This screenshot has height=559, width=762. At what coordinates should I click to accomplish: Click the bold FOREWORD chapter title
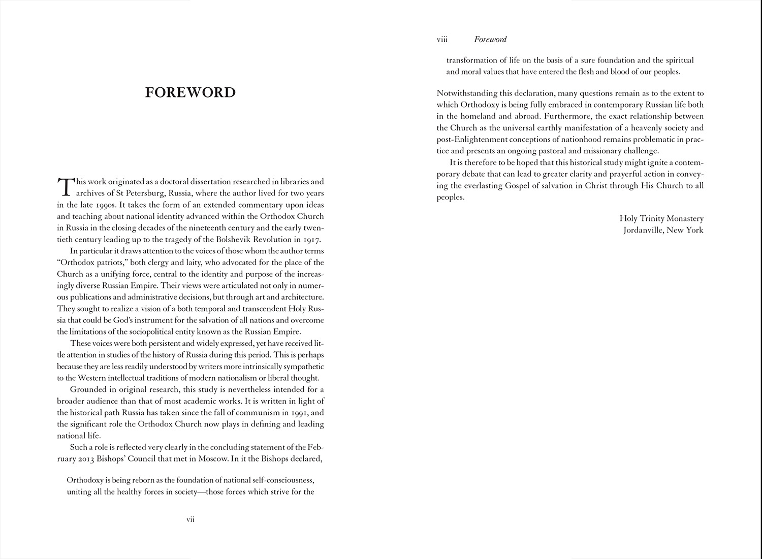[x=190, y=92]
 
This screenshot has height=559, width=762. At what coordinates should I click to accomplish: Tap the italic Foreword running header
[x=490, y=40]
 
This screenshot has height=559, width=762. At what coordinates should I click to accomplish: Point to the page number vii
[x=190, y=519]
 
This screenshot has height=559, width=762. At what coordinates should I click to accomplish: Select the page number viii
[x=442, y=40]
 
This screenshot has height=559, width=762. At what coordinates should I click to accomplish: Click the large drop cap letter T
[x=65, y=186]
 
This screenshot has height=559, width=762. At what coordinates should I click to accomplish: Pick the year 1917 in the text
[x=311, y=240]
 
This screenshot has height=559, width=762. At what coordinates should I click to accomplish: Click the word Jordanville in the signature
[x=642, y=230]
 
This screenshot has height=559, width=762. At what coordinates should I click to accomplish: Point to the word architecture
[x=299, y=297]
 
